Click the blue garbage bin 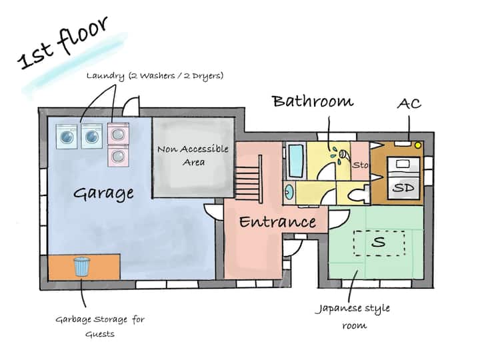[x=82, y=266]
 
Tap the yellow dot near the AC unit [x=418, y=145]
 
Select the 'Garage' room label [x=103, y=194]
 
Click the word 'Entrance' [x=277, y=222]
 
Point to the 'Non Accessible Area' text [x=193, y=155]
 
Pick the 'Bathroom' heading [x=313, y=101]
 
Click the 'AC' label [x=409, y=104]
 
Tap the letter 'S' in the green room [x=379, y=242]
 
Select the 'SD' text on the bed [x=404, y=187]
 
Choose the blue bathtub [x=296, y=161]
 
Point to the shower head [x=345, y=154]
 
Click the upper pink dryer [x=118, y=133]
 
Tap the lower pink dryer [x=118, y=155]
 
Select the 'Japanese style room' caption [x=353, y=315]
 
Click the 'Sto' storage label [x=360, y=165]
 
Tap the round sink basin [x=289, y=193]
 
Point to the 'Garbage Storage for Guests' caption [x=100, y=327]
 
